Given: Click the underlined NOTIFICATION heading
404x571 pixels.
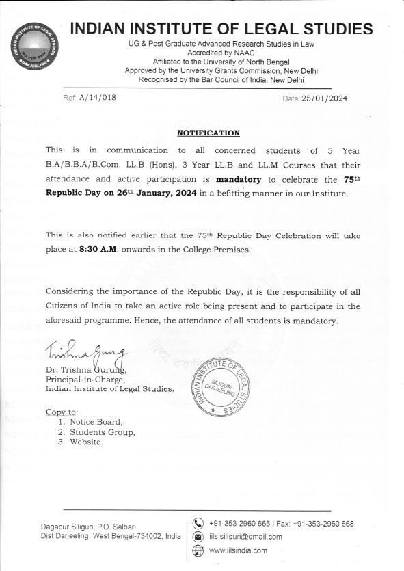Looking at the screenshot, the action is (208, 132).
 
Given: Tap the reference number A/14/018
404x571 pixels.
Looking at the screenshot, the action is (98, 98).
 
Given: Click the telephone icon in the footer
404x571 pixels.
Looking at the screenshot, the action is (199, 524).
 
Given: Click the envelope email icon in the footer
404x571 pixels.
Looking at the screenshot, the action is (199, 537).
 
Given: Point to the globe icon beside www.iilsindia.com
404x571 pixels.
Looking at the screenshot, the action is (199, 550).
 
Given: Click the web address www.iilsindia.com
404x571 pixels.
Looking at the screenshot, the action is (238, 550).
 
